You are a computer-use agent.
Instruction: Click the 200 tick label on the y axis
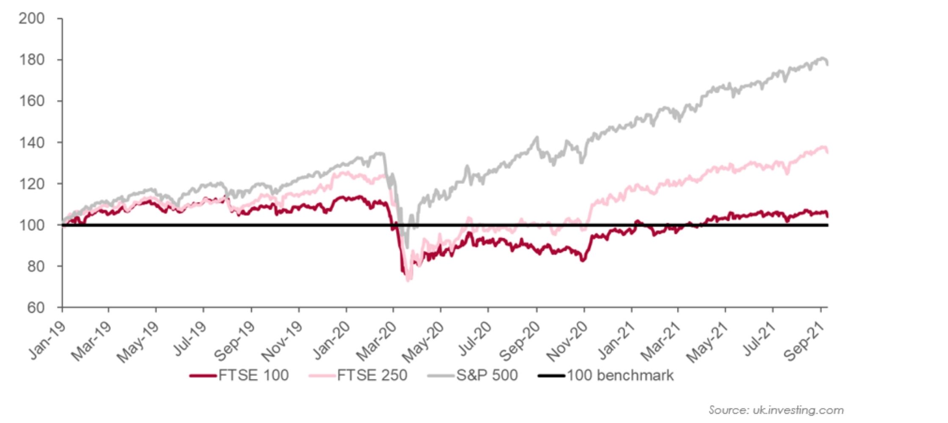click(x=32, y=19)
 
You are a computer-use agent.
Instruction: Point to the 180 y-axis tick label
click(x=32, y=60)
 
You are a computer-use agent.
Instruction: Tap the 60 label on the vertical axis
click(x=36, y=308)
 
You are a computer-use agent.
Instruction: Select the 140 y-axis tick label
click(x=32, y=143)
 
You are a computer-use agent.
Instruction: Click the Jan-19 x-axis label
click(x=47, y=341)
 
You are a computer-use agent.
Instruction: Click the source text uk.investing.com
click(x=776, y=410)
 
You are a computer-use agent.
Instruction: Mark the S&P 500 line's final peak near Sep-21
click(x=823, y=58)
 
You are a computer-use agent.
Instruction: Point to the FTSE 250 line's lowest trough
click(x=408, y=280)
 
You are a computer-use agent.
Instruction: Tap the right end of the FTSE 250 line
click(x=827, y=152)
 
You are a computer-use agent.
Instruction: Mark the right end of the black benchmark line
click(x=827, y=225)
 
